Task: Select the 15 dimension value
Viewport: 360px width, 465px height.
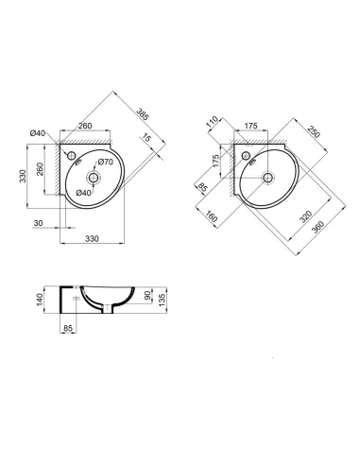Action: pyautogui.click(x=146, y=139)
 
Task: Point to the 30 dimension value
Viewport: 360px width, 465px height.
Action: pyautogui.click(x=38, y=222)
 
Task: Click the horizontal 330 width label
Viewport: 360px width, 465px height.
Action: pyautogui.click(x=93, y=239)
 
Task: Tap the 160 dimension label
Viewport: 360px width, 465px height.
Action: pyautogui.click(x=210, y=217)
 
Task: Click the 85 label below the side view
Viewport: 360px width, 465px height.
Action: pyautogui.click(x=67, y=330)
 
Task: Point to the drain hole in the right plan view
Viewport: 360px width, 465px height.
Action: pyautogui.click(x=267, y=177)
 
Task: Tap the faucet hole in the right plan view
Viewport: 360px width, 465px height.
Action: pyautogui.click(x=246, y=155)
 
